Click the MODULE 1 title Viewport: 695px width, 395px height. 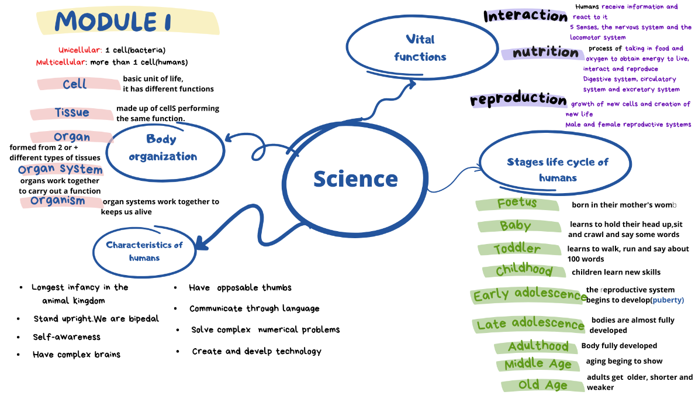coord(113,22)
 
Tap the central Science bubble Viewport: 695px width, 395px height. coord(355,178)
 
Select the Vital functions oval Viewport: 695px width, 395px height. coord(420,48)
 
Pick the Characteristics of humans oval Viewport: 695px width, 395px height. coord(144,251)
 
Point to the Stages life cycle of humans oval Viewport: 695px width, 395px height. coord(557,170)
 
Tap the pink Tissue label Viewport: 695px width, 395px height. coord(72,113)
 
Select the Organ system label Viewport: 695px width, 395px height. coord(60,170)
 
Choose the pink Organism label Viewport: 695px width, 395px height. coord(58,201)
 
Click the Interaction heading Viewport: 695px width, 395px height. coord(525,16)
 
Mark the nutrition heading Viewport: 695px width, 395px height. coord(545,53)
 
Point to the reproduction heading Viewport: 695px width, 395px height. coord(518,99)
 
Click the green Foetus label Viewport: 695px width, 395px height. coord(517,204)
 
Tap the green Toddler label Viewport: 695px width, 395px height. coord(517,249)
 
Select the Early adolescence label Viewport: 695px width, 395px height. coord(530,295)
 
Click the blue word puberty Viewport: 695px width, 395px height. coord(668,300)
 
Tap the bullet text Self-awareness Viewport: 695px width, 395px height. coord(67,337)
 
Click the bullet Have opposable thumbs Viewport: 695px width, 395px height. coord(240,288)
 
